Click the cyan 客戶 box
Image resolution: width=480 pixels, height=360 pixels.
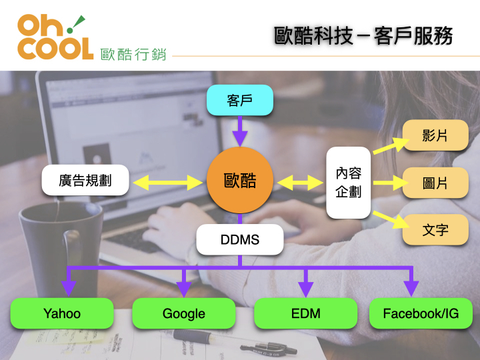point(240,101)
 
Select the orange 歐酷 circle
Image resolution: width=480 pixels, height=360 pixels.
point(240,181)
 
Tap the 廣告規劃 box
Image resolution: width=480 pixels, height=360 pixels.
point(85,181)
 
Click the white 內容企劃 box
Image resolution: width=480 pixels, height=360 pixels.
point(348,183)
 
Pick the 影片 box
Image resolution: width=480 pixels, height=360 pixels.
point(435,136)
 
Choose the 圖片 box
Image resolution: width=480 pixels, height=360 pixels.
point(435,183)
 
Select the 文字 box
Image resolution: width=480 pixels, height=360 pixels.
point(435,230)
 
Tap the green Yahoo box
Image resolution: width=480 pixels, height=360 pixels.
point(62,313)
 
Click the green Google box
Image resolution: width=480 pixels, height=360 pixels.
point(184,313)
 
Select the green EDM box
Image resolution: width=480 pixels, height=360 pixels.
point(306,313)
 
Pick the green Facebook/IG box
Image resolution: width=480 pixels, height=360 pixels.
point(421,313)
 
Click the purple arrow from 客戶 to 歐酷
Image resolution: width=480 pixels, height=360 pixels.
point(240,131)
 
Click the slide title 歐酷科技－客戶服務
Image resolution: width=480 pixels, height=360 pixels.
point(364,35)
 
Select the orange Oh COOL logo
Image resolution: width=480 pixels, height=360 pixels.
point(55,37)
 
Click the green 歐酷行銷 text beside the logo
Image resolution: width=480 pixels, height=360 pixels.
point(133,54)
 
